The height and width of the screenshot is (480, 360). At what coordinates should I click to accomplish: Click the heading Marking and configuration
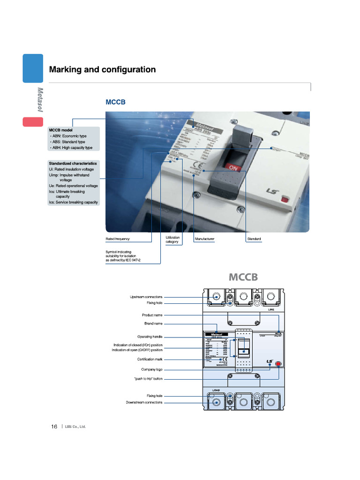[102, 70]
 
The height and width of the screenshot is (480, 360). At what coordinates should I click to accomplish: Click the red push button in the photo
[284, 200]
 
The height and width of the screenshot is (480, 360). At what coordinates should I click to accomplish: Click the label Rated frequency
[117, 239]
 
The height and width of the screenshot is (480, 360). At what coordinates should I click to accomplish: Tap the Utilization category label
[172, 240]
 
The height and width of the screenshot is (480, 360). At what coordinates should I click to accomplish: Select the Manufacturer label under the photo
[204, 239]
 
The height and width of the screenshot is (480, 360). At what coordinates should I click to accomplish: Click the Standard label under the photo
[254, 239]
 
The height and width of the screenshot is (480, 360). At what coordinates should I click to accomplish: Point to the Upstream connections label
[146, 297]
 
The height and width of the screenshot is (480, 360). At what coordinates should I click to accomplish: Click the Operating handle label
[150, 337]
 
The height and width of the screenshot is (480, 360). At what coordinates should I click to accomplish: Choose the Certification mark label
[150, 359]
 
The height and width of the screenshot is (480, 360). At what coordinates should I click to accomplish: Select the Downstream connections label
[144, 402]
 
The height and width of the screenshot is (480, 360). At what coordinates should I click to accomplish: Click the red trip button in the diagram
[278, 363]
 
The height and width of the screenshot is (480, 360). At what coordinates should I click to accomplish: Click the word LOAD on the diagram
[216, 390]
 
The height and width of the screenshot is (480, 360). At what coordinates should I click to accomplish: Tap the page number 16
[54, 427]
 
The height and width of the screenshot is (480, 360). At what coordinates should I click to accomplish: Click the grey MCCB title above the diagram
[243, 277]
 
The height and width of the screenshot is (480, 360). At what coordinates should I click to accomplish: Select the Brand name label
[153, 323]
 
